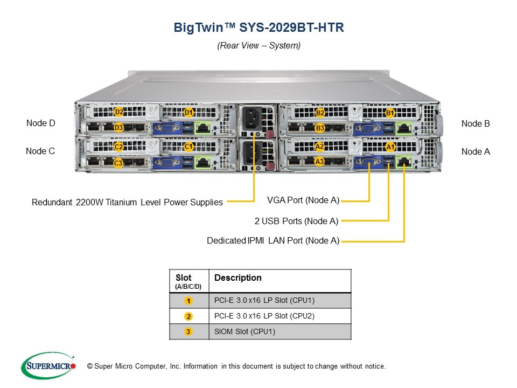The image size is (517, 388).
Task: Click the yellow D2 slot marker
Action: (118, 112)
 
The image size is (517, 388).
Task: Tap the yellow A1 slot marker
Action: (390, 147)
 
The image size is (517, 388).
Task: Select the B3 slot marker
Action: (320, 128)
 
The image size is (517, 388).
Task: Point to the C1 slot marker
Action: (188, 147)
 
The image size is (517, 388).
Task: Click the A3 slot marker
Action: (319, 162)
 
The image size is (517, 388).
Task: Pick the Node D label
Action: (40, 123)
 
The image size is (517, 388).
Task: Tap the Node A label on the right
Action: (476, 151)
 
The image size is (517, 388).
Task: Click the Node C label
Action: (40, 151)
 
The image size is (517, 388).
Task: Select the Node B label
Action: (476, 124)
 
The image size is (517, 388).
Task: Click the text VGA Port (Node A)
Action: (303, 200)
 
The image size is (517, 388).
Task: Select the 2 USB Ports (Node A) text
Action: (296, 221)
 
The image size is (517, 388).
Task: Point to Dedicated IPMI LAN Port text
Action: (273, 240)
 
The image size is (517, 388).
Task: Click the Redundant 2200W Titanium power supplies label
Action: (127, 202)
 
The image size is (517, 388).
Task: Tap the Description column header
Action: (237, 278)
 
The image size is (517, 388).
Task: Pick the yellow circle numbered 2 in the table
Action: (188, 316)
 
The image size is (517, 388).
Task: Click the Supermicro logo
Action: (48, 365)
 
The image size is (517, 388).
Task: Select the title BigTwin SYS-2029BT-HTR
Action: (259, 27)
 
